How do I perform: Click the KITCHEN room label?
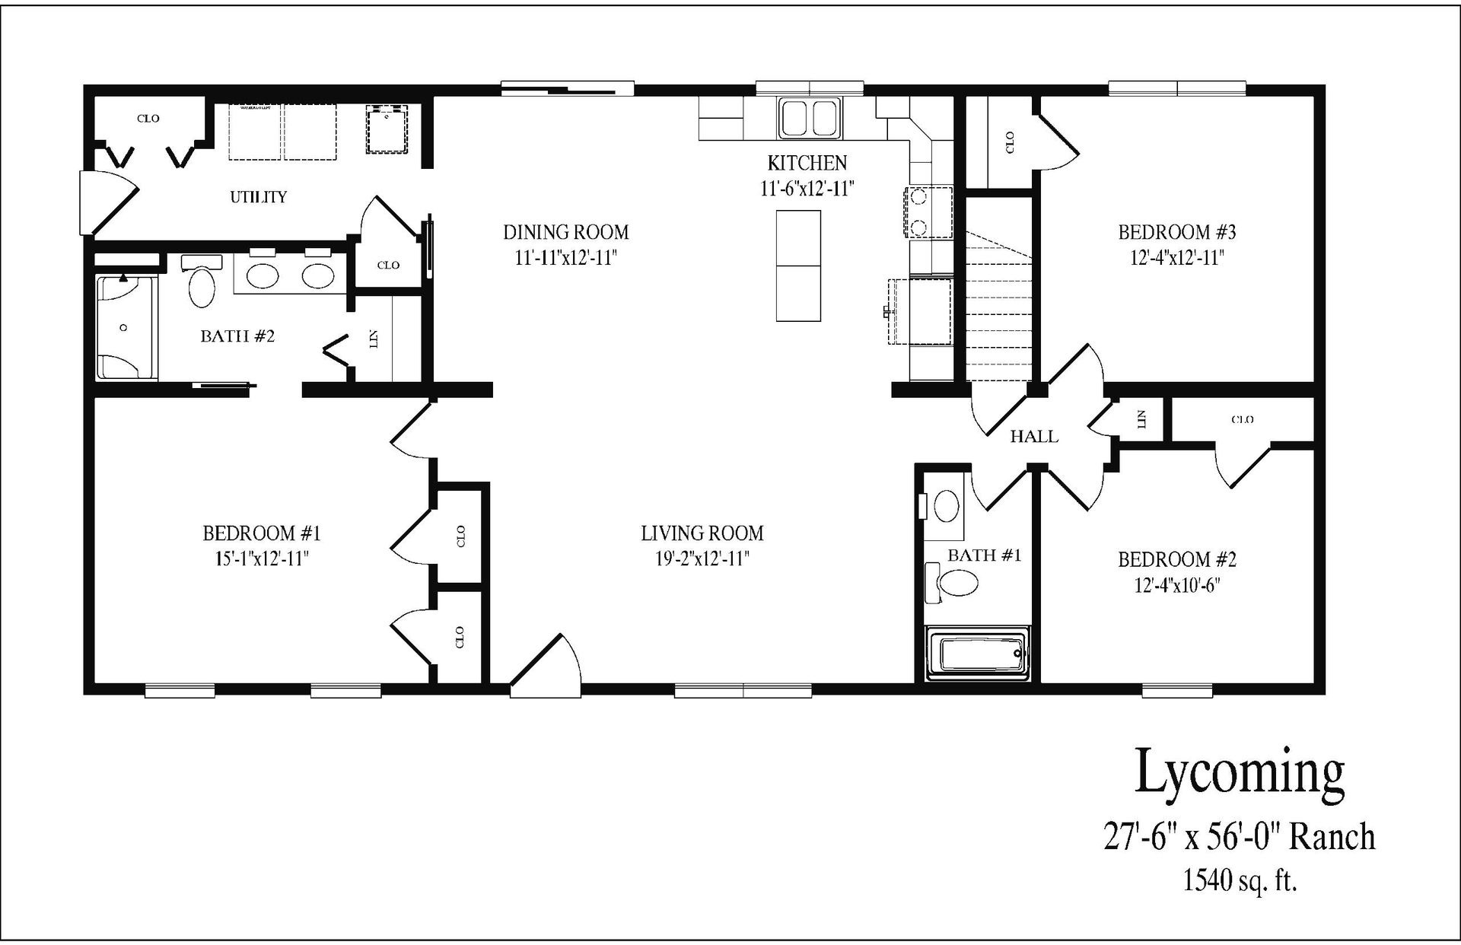click(x=807, y=163)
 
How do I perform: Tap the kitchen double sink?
click(x=809, y=118)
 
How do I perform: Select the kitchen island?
click(x=798, y=266)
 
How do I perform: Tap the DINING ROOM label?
click(x=565, y=232)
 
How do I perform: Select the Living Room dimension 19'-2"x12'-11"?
click(x=702, y=559)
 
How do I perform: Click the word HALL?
click(x=1033, y=437)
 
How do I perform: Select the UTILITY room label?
click(x=259, y=197)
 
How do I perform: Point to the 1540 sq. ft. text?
click(x=1239, y=881)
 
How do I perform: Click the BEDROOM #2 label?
click(x=1176, y=560)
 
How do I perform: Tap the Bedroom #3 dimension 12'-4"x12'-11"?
click(x=1176, y=258)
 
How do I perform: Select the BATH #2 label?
click(x=237, y=336)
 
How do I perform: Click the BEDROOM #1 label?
click(x=261, y=533)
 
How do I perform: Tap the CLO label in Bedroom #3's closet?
click(x=1010, y=142)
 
